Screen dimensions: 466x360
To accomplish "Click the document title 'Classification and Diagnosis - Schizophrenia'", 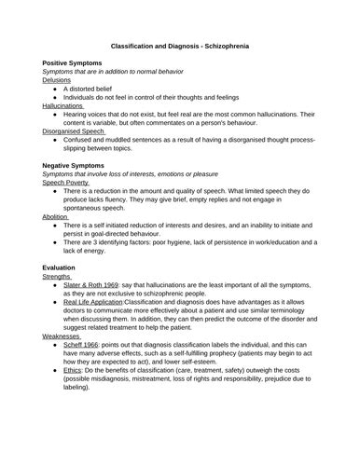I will tap(180, 46).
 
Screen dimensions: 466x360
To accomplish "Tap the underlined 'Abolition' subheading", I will tap(55, 217).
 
